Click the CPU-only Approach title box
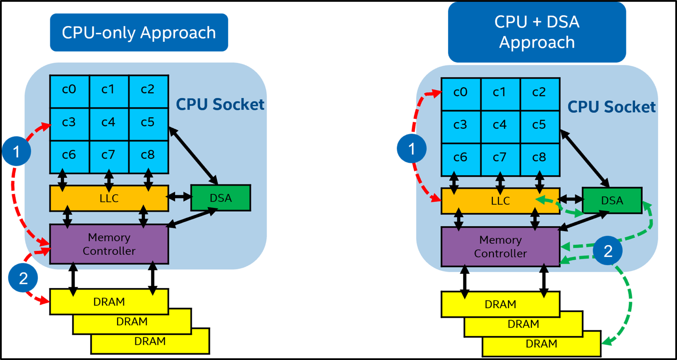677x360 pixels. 139,32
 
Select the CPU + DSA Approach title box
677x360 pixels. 537,32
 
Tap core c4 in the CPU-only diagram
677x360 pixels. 108,122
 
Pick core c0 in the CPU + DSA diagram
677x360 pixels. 460,92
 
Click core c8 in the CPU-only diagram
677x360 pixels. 148,155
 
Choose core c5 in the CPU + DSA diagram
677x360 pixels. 539,125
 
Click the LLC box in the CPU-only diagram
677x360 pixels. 109,198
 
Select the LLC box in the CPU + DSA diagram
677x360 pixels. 500,201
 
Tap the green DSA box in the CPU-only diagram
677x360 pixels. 221,198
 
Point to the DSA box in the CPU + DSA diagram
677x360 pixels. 612,200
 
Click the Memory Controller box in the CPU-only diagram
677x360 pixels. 109,244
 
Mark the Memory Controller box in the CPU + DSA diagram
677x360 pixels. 500,246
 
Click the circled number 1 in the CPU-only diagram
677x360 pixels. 16,151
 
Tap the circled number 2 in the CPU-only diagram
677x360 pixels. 23,278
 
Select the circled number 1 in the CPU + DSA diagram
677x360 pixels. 411,148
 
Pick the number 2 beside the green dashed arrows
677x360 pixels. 608,252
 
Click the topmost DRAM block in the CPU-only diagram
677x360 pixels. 109,302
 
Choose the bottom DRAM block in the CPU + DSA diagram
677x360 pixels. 541,344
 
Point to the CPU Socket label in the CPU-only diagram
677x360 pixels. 220,104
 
